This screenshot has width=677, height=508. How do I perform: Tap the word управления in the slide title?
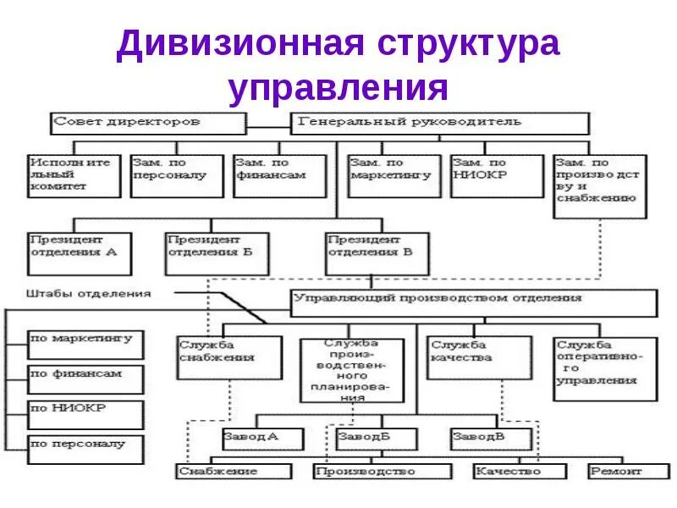[x=338, y=88]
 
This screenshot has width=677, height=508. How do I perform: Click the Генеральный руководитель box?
[x=440, y=123]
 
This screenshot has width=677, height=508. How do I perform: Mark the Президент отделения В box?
[x=377, y=252]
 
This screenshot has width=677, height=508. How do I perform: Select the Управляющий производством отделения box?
[x=474, y=302]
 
